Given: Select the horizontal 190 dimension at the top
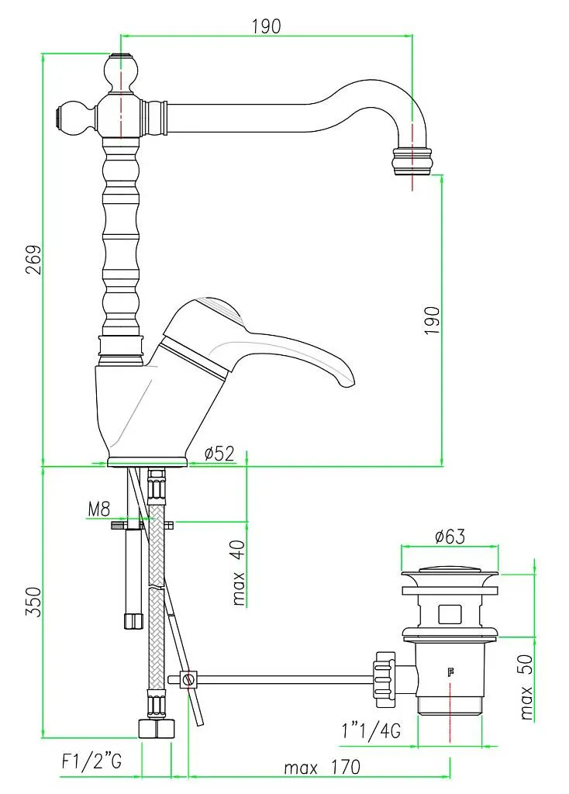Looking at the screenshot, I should [x=266, y=25].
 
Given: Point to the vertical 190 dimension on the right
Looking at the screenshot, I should [x=432, y=319].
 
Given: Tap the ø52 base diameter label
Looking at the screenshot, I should [x=219, y=454].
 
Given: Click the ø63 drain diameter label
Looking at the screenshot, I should [x=449, y=535].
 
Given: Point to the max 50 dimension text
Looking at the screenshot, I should [x=527, y=687].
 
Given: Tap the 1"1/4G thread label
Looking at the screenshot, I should [x=370, y=731].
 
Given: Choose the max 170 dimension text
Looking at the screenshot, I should [x=322, y=768].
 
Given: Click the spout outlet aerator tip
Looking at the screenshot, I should [x=412, y=161].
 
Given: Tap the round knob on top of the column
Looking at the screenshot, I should [x=121, y=74].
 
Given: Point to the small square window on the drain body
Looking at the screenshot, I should [x=449, y=614].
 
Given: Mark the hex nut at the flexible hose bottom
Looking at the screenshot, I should [x=155, y=729].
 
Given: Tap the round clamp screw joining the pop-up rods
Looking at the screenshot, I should [x=186, y=679].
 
